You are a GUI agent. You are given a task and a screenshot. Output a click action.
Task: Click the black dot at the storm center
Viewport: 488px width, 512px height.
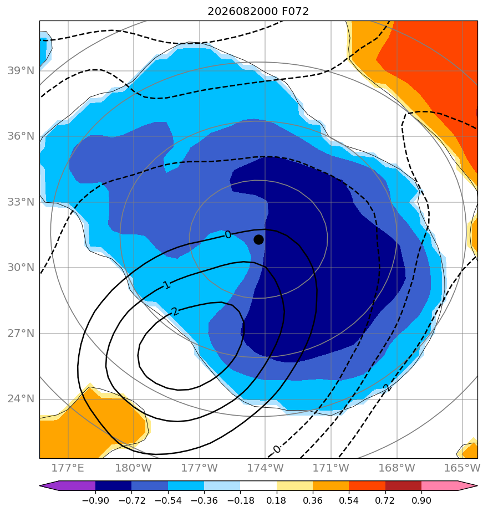tap(258, 240)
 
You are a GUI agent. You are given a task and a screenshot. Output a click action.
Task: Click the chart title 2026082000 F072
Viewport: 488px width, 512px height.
tap(258, 12)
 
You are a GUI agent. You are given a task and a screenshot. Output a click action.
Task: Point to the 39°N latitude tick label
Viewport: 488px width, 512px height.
tap(21, 70)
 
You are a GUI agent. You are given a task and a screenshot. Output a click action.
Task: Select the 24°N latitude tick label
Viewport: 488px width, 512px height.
tap(21, 399)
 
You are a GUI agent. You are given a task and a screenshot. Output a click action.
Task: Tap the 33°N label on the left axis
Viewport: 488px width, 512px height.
tap(21, 202)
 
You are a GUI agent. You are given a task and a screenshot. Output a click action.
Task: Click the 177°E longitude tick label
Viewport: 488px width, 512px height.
tap(68, 468)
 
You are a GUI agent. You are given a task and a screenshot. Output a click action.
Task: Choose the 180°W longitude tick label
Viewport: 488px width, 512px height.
tap(133, 468)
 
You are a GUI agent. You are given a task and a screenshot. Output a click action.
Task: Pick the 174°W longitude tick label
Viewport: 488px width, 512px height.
tap(265, 468)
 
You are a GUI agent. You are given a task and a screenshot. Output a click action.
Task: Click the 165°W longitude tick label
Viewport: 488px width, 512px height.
tap(462, 468)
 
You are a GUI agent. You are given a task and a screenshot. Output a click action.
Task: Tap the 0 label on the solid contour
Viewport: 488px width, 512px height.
tap(228, 234)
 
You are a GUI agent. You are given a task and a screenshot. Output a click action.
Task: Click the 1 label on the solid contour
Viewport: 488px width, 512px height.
tap(167, 285)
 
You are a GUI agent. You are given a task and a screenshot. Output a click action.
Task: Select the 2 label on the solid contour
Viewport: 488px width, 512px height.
tap(176, 311)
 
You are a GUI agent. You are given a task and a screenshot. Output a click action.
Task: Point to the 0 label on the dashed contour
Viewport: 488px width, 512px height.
tap(277, 449)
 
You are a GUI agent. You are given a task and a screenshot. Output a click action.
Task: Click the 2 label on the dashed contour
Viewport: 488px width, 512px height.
tap(387, 387)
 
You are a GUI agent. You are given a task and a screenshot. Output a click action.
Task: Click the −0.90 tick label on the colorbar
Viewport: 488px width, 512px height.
tap(95, 500)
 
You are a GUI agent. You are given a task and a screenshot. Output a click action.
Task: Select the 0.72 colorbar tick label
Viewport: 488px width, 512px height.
tap(385, 500)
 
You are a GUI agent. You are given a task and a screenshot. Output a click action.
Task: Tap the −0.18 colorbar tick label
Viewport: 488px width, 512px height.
tap(240, 500)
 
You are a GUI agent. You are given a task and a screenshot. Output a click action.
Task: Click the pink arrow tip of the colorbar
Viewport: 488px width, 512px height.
tap(467, 485)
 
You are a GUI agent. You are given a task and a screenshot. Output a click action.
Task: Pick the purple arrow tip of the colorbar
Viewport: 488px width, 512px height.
tap(49, 485)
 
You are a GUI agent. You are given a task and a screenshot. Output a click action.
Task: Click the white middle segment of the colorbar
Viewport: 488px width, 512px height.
tap(258, 485)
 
